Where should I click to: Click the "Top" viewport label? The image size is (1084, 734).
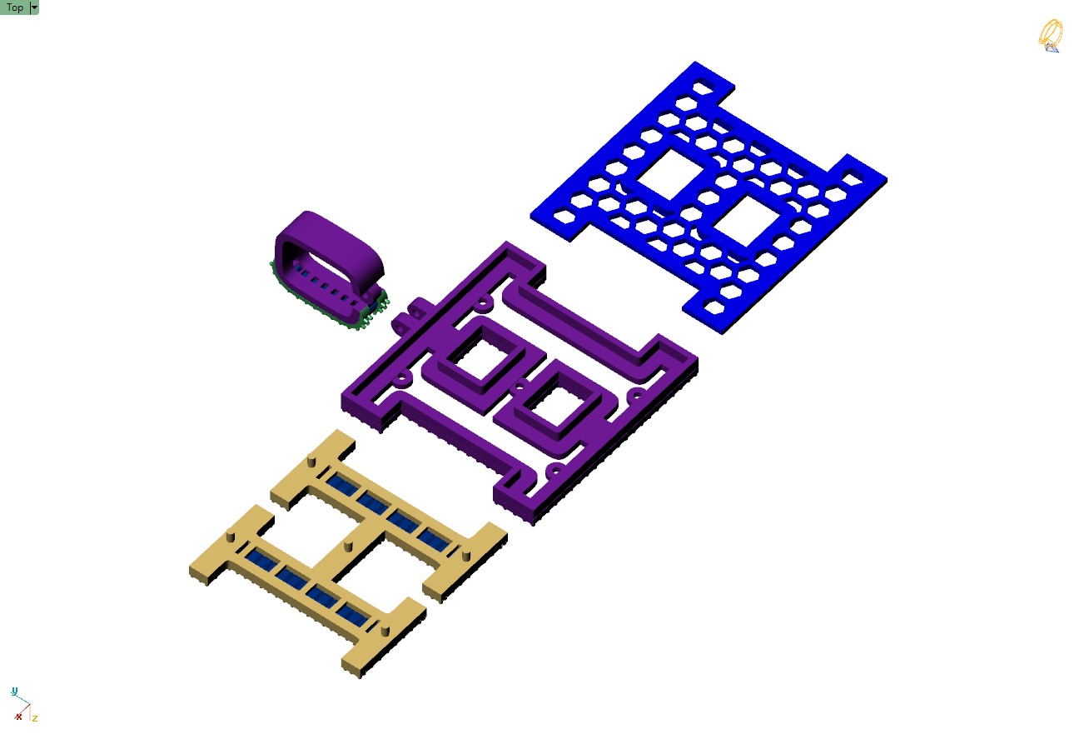[x=15, y=7]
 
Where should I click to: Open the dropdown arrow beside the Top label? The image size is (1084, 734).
[x=34, y=7]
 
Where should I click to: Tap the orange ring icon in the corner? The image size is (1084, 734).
[x=1050, y=36]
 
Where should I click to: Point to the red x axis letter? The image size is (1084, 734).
[x=18, y=716]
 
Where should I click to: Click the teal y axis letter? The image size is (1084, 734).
[x=14, y=692]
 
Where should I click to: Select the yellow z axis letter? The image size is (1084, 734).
[x=35, y=717]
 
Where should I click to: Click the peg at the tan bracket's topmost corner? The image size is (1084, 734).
[x=311, y=460]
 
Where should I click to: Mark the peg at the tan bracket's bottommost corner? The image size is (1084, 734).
[x=384, y=628]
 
